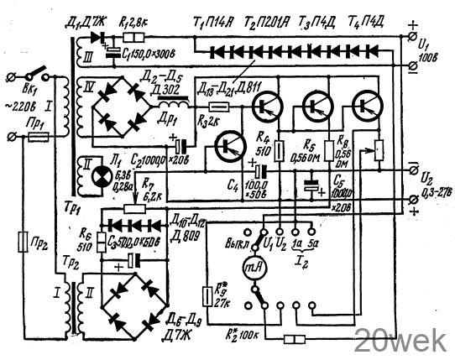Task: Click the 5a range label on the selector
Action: [313, 243]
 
